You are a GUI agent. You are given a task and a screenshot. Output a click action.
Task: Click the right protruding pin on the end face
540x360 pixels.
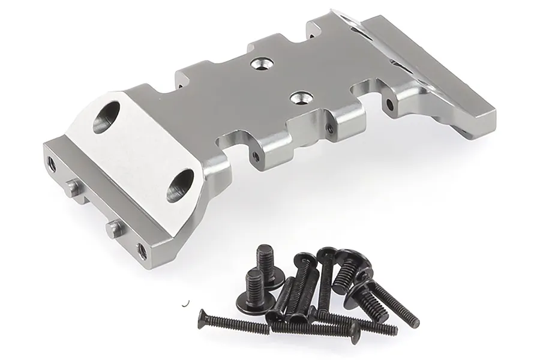tap(113, 226)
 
